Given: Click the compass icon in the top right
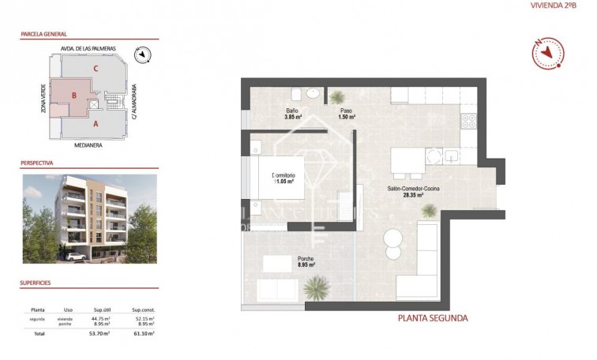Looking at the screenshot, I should [548, 53].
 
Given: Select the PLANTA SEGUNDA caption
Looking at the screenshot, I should [432, 318].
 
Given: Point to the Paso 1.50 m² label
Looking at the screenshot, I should [346, 114].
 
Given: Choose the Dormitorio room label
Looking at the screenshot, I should [283, 178].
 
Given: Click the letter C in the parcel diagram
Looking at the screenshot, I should [96, 69].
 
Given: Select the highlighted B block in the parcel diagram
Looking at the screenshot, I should [73, 96].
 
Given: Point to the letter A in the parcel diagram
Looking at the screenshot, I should [96, 124].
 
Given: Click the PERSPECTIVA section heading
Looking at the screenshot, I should [36, 163].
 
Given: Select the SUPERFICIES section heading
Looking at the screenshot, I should [36, 281].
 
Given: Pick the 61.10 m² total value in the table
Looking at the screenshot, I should [143, 334].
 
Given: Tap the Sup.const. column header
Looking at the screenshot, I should [143, 310].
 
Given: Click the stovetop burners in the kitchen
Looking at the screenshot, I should [468, 122].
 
